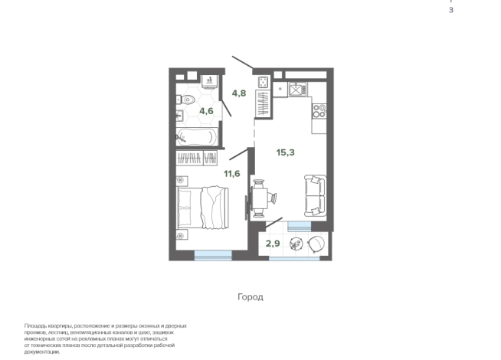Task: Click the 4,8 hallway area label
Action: [x=239, y=93]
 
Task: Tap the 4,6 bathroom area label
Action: [x=206, y=111]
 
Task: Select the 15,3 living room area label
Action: [x=285, y=152]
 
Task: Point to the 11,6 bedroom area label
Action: [x=232, y=174]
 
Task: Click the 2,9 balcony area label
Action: [x=273, y=244]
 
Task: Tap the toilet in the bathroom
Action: [x=185, y=100]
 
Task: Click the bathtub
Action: [x=197, y=137]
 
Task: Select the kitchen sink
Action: [x=297, y=89]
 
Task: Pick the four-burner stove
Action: [x=319, y=111]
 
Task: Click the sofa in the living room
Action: [x=316, y=195]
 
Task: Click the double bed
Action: [x=203, y=208]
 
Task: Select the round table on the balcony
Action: [x=296, y=244]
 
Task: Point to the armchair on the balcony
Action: [x=316, y=244]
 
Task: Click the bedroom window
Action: [x=213, y=255]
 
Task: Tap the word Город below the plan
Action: [x=250, y=297]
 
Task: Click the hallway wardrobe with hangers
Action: [x=264, y=103]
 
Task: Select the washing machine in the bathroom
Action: [x=210, y=80]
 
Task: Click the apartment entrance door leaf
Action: [x=243, y=62]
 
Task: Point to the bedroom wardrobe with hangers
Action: [x=197, y=158]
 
